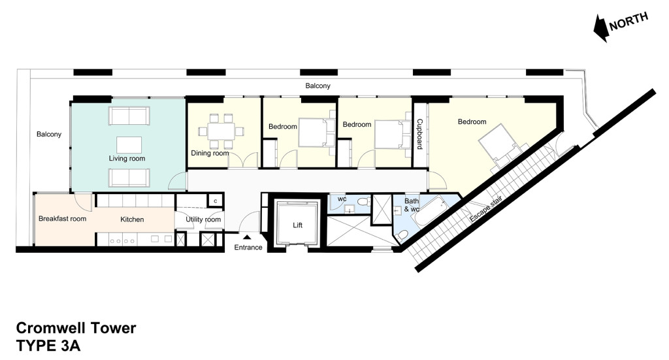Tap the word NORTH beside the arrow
[628, 21]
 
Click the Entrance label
[248, 247]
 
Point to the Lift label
[297, 225]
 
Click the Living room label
[127, 159]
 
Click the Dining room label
[210, 154]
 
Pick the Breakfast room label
[62, 219]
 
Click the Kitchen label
[132, 220]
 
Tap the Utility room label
[203, 220]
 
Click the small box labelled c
[215, 201]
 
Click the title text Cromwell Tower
[76, 328]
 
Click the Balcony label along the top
[318, 86]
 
